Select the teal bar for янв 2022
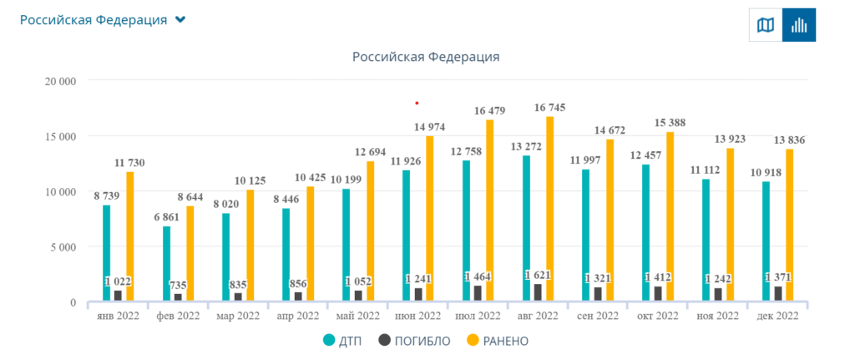[106, 253]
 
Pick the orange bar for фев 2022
[190, 254]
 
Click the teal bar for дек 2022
[766, 241]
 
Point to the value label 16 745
[549, 108]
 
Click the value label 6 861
[166, 218]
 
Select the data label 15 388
[670, 123]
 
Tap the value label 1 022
[118, 281]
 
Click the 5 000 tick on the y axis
[63, 246]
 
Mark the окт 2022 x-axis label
[657, 316]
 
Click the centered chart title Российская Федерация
[426, 57]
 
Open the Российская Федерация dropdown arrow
[180, 20]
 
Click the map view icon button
[765, 25]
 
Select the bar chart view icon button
[799, 25]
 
